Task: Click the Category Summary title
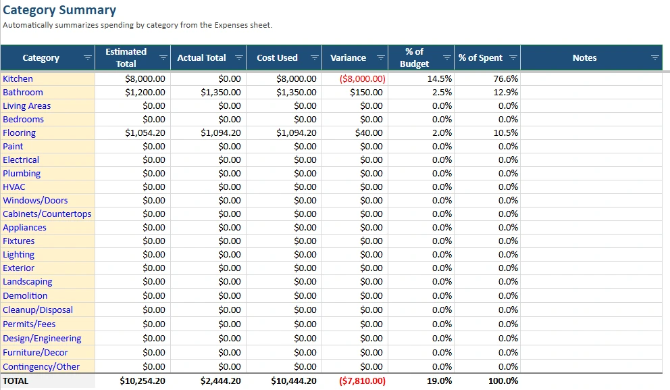(59, 10)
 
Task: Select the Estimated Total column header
(126, 57)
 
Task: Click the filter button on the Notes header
(654, 58)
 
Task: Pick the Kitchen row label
(18, 78)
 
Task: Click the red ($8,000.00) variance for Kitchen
(363, 78)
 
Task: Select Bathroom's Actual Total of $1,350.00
(220, 92)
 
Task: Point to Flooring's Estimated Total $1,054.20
(145, 133)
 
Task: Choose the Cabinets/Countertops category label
(47, 214)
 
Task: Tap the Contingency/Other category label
(41, 367)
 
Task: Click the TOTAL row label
(16, 381)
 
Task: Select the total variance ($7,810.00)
(363, 381)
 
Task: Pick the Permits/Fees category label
(29, 324)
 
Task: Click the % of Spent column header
(480, 58)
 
